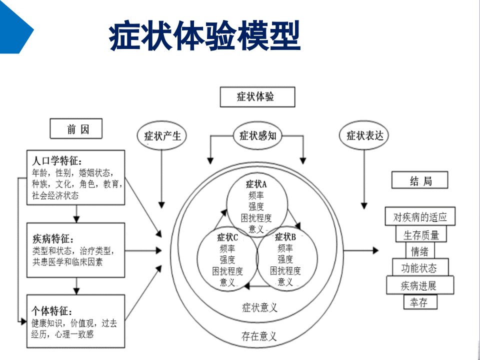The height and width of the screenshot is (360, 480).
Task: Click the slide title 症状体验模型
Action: coord(204,36)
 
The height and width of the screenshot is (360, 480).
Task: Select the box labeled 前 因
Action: coord(76,128)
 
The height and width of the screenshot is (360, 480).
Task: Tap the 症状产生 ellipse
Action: coord(161,136)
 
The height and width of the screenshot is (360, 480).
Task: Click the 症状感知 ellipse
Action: coord(257,135)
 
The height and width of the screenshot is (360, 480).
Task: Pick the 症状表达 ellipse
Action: coord(364,135)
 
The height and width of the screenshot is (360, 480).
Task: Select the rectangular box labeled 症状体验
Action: coord(257,97)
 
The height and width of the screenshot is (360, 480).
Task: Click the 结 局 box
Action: coord(419,180)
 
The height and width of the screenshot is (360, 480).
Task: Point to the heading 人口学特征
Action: coord(57,160)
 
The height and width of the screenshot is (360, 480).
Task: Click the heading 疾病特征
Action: coord(53,239)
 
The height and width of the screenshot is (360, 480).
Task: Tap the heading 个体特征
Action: coord(51,311)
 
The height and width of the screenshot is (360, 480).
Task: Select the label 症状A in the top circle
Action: coord(256,184)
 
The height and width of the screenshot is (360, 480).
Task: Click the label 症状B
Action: coord(285,236)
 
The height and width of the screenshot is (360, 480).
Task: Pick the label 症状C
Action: coord(227,237)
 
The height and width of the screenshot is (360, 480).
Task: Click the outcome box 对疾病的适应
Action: coord(420,216)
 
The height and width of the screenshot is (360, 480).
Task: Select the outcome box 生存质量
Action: coord(421,234)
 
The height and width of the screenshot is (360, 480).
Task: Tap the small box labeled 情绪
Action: coord(419,251)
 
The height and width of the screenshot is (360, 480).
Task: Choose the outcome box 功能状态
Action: coord(420,267)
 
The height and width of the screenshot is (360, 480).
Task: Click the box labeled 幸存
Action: coord(420,302)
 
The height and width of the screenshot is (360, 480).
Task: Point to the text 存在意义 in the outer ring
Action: coord(259,336)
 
